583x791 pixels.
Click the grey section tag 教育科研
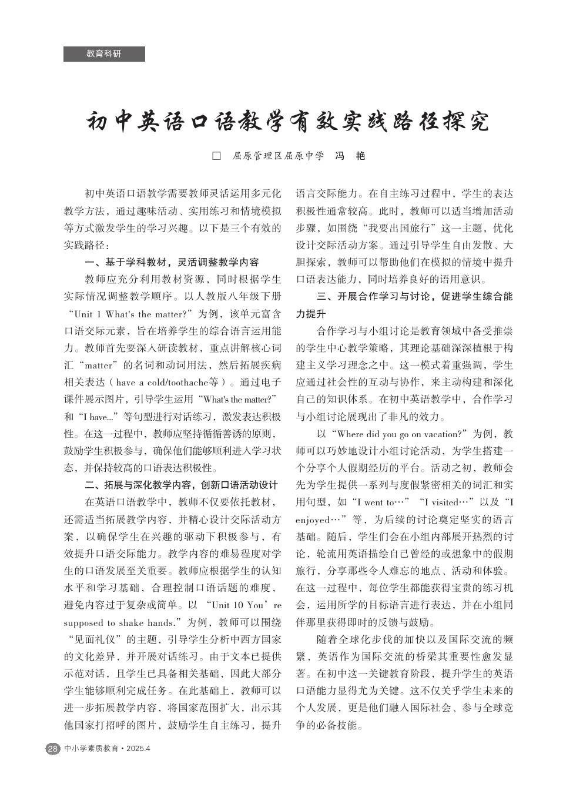click(x=104, y=54)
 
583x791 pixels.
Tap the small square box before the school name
click(x=216, y=156)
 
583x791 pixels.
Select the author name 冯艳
click(x=350, y=156)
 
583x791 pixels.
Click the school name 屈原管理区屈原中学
click(x=278, y=156)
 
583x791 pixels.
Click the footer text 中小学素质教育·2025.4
click(x=108, y=749)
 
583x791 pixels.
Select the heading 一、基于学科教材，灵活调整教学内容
click(x=172, y=262)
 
